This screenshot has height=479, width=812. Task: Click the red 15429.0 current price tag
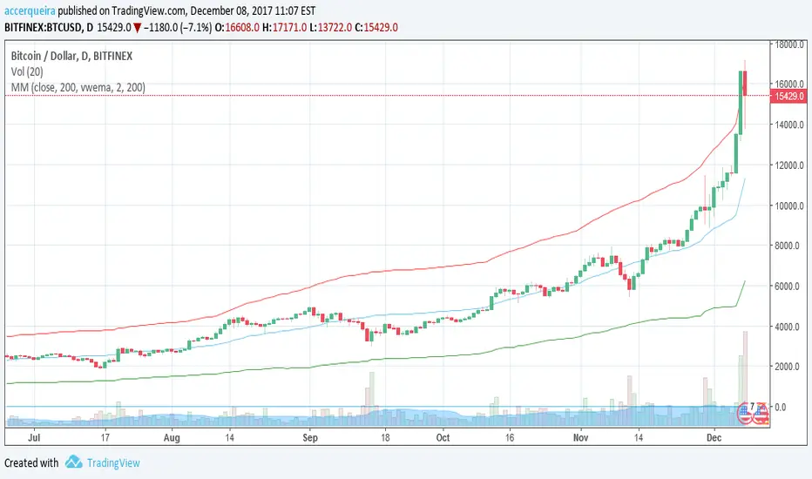[788, 95]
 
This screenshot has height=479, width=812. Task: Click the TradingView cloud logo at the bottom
[74, 462]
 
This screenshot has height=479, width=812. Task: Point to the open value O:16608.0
[254, 27]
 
